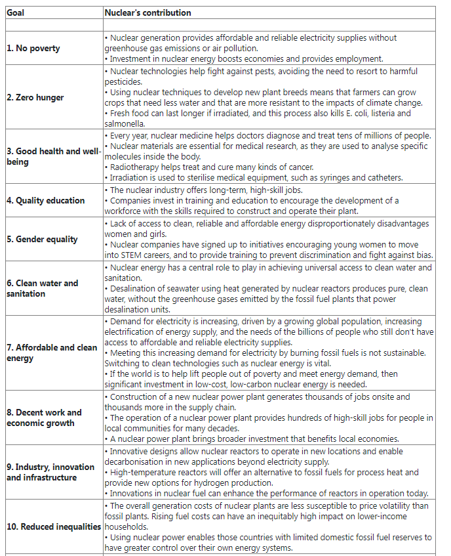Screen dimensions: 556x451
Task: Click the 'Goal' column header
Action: (x=15, y=12)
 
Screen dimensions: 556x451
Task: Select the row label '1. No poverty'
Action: (x=33, y=49)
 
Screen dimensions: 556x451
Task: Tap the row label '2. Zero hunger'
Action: (x=35, y=98)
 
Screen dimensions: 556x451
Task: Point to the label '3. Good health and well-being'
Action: (x=53, y=157)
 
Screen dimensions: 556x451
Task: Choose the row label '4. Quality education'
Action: (x=46, y=201)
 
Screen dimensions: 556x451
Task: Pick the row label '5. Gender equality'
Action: (x=42, y=240)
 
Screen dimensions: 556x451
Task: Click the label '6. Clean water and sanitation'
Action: (x=43, y=288)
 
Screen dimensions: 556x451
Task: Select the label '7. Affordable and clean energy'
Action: (x=52, y=353)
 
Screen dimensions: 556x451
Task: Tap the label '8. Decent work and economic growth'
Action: (x=45, y=417)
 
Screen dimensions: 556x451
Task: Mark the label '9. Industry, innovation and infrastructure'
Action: (x=50, y=472)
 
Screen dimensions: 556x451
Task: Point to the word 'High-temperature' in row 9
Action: (x=142, y=472)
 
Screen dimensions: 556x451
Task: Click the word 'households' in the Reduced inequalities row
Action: (x=127, y=526)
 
